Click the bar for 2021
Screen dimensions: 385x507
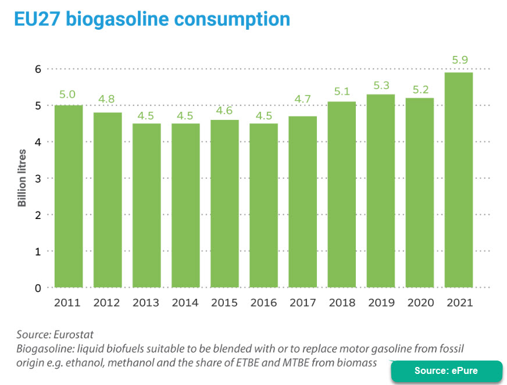click(x=458, y=180)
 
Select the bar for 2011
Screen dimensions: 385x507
click(x=68, y=196)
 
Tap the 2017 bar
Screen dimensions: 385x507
click(x=302, y=202)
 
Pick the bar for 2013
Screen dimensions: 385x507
click(x=146, y=206)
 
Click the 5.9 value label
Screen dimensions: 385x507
click(x=458, y=60)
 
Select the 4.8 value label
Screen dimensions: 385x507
click(x=107, y=99)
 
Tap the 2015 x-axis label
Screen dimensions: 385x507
click(x=224, y=303)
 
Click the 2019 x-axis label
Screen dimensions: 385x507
click(x=380, y=303)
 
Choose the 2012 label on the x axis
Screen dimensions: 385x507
click(x=107, y=303)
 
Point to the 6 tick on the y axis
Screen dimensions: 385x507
click(x=38, y=69)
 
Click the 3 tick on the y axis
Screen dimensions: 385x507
click(x=38, y=178)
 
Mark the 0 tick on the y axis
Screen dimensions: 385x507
click(x=38, y=288)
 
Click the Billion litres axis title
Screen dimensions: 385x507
click(x=22, y=178)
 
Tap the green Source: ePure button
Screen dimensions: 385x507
click(x=446, y=371)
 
